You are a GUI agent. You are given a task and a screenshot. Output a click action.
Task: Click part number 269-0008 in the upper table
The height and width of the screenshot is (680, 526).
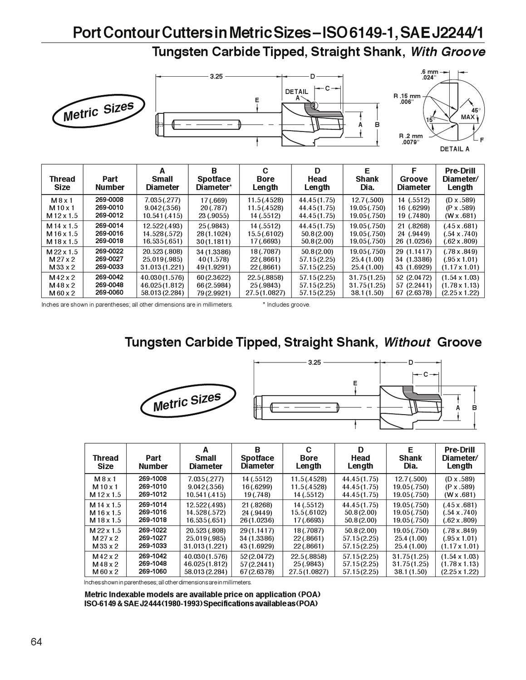[x=109, y=200]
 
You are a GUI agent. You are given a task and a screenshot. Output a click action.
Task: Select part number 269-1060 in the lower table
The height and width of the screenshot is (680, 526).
[x=152, y=572]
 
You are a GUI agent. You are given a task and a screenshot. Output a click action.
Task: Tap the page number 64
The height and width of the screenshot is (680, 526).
[x=36, y=642]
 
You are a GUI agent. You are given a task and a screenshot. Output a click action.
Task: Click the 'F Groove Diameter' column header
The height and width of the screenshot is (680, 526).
[x=413, y=179]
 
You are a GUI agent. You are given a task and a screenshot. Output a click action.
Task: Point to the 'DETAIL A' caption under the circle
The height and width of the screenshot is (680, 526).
[x=454, y=149]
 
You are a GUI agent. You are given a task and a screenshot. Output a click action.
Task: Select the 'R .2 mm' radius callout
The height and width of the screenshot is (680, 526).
[x=411, y=136]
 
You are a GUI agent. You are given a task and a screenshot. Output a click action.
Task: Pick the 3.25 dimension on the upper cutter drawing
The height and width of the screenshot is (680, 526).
[x=216, y=77]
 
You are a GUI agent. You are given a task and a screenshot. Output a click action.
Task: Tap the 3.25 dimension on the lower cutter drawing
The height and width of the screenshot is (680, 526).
[x=314, y=362]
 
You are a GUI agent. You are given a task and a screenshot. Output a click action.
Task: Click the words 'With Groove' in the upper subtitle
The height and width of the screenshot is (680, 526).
[x=447, y=52]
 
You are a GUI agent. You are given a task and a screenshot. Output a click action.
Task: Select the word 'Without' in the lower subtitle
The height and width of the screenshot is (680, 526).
[x=407, y=342]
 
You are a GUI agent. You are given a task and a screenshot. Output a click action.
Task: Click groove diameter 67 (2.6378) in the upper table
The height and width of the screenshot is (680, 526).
[x=413, y=293]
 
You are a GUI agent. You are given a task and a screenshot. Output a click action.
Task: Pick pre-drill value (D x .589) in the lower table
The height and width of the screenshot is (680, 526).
[x=459, y=479]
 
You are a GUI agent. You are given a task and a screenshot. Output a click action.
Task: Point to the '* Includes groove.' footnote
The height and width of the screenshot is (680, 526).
[x=286, y=305]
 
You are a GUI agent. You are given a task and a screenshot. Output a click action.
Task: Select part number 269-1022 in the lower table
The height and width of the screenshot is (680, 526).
[x=152, y=530]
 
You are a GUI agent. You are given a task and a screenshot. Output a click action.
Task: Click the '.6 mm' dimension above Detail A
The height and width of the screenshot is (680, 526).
[x=429, y=72]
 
